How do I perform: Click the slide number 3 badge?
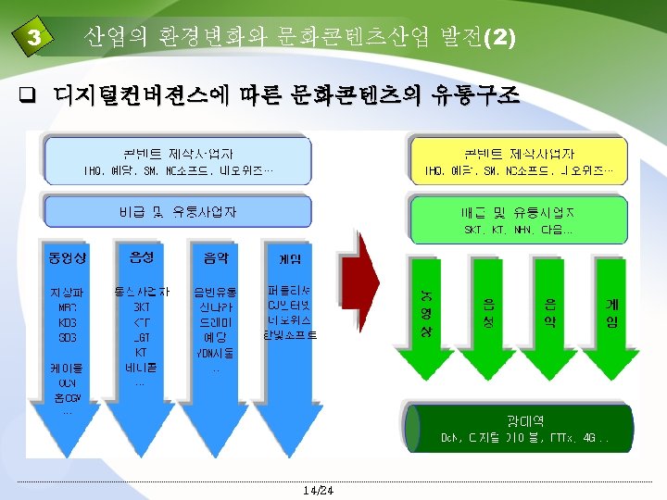pos(34,38)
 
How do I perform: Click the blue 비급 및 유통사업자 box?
pos(177,212)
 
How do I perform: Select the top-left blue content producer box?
pos(177,161)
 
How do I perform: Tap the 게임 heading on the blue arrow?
pos(289,256)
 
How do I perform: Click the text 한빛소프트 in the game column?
pos(289,335)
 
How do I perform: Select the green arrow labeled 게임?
pos(612,315)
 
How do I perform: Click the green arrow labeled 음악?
pos(549,315)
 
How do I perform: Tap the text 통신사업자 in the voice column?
pos(141,292)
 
